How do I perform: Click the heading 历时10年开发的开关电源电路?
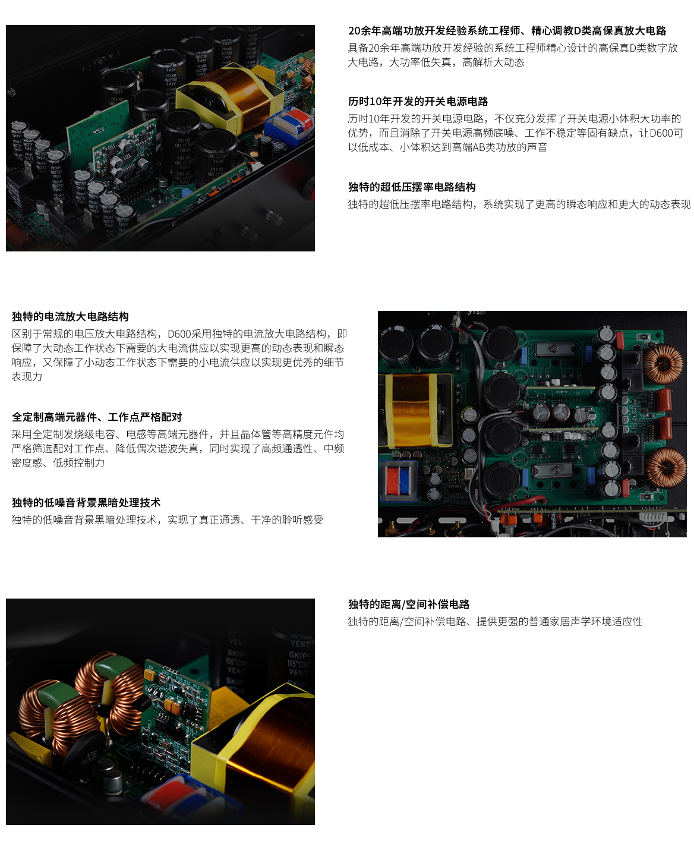(418, 102)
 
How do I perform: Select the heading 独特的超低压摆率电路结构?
(412, 187)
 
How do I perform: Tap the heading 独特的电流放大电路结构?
(70, 317)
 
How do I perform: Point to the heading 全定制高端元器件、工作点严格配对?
(97, 417)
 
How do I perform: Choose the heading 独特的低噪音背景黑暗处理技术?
(86, 503)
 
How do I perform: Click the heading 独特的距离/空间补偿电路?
(409, 605)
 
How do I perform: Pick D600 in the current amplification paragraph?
(179, 334)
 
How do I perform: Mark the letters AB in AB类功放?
(479, 147)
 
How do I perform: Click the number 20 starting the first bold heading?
(355, 31)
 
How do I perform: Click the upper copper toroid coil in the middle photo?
(664, 363)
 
